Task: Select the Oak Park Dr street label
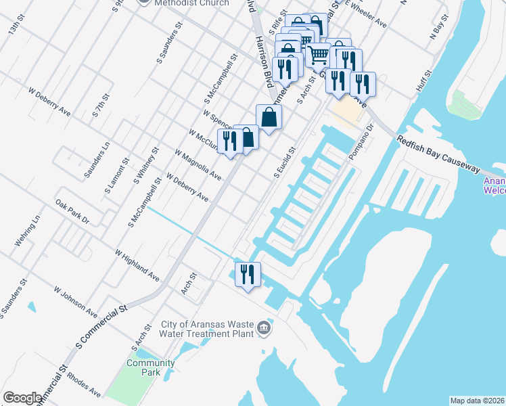pos(72,211)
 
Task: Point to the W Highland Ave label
pos(137,265)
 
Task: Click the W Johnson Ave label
pos(76,300)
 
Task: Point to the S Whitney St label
pos(146,165)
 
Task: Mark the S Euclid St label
pos(285,163)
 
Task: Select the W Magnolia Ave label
pos(198,165)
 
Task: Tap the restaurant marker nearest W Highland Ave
pos(247,275)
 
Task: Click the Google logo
pos(22,398)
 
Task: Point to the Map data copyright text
pos(477,401)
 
